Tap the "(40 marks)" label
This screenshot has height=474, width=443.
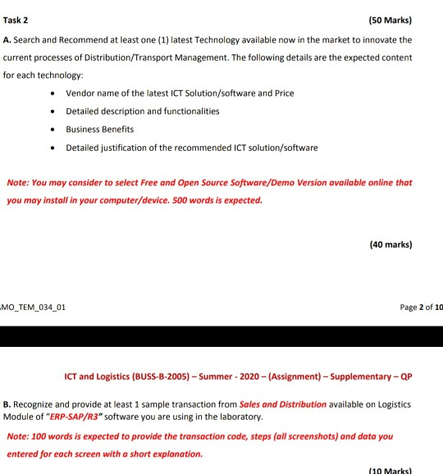click(392, 244)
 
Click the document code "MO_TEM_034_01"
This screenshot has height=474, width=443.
click(34, 308)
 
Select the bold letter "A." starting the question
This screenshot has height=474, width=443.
click(7, 39)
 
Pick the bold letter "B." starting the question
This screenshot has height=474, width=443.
click(7, 404)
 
